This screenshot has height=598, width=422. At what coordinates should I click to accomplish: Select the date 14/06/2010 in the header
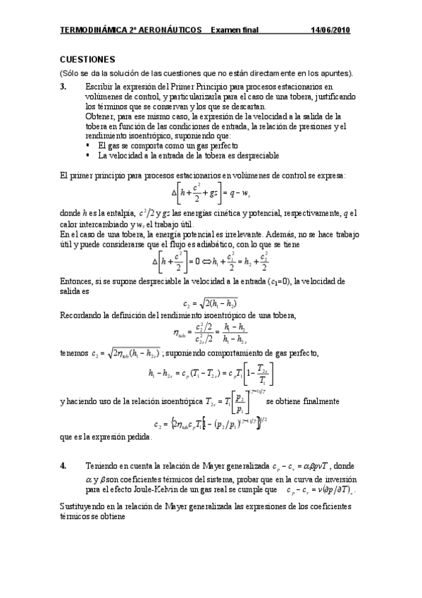tap(330, 31)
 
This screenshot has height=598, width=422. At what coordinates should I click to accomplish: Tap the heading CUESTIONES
tap(87, 61)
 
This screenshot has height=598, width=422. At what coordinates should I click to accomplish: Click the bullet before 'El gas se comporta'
tap(88, 145)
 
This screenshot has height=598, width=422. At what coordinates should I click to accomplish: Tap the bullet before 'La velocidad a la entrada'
tap(88, 155)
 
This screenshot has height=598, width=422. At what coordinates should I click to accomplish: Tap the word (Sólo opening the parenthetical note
tap(70, 73)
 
